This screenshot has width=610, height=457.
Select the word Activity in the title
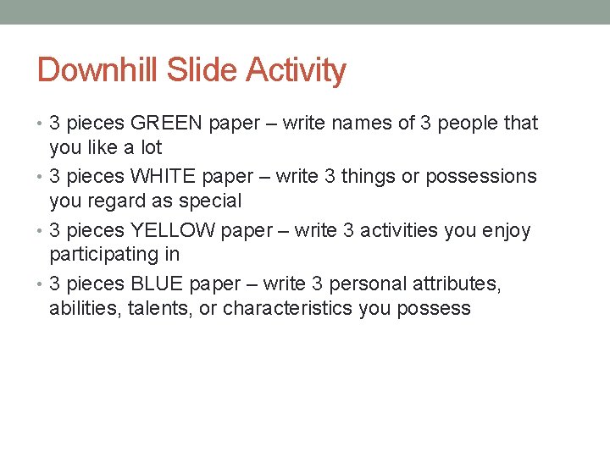pyautogui.click(x=297, y=70)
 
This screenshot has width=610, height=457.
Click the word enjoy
pyautogui.click(x=505, y=230)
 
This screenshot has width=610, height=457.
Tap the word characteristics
pyautogui.click(x=288, y=308)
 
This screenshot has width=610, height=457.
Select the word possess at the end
pyautogui.click(x=437, y=308)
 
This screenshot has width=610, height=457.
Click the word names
pyautogui.click(x=362, y=124)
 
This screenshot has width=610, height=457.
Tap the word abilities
pyautogui.click(x=81, y=308)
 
